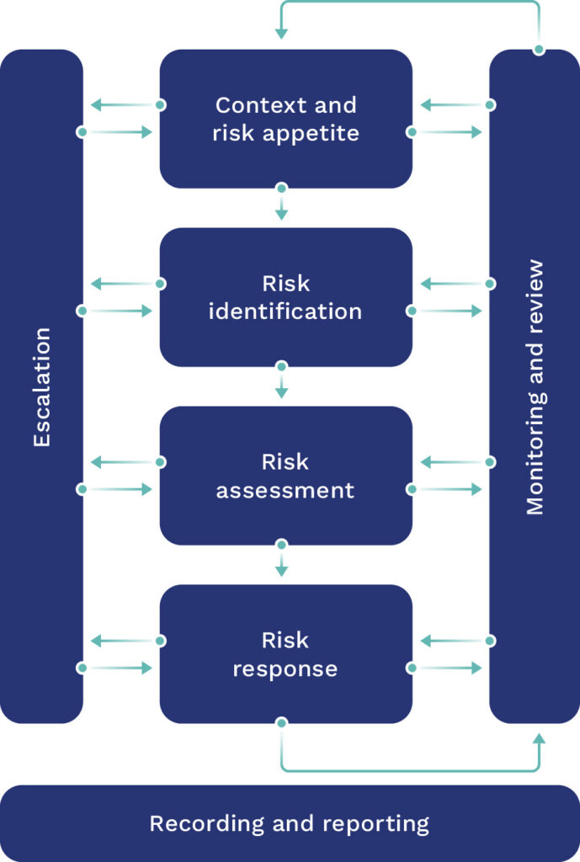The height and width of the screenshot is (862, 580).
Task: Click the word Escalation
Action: point(42,386)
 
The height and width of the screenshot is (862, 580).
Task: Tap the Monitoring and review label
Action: point(535,387)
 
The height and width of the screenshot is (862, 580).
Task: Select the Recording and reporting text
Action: point(289,823)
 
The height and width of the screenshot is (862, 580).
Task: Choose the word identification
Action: point(285,311)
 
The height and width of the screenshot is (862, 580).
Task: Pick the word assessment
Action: point(285,490)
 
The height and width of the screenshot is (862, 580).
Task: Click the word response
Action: point(285,669)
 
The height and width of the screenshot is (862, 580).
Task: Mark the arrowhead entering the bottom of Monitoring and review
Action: point(539,738)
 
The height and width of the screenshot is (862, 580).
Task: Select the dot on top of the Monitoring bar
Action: point(539,50)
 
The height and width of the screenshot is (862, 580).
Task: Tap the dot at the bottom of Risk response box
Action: point(282,723)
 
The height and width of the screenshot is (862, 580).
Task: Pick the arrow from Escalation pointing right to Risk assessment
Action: point(118,489)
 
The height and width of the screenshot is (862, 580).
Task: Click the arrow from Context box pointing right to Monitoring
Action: point(447,132)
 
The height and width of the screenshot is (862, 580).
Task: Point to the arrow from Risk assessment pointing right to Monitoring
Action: point(447,489)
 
